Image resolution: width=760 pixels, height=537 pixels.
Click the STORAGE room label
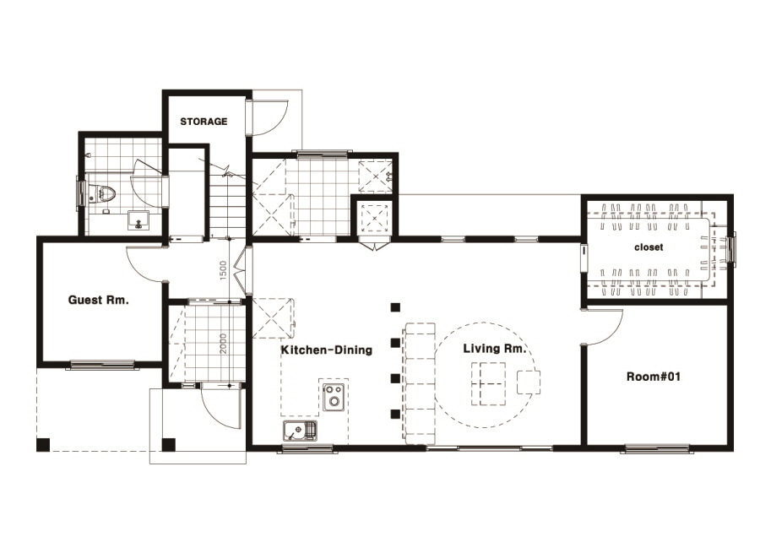point(204,122)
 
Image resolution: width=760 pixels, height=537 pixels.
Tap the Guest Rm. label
point(99,300)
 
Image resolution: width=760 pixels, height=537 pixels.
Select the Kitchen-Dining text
point(327,350)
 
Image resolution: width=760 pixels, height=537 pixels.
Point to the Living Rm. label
point(494,349)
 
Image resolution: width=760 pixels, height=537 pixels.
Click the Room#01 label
point(654,377)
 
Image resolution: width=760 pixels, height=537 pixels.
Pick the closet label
point(649,247)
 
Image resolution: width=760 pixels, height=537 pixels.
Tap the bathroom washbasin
point(139,220)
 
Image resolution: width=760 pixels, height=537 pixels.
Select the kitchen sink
point(300,431)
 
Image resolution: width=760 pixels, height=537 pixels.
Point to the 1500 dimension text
point(223,270)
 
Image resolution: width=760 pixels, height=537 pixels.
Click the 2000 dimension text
point(223,343)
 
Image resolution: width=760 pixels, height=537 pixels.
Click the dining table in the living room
point(489,384)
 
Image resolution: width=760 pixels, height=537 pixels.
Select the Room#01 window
point(657,448)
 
